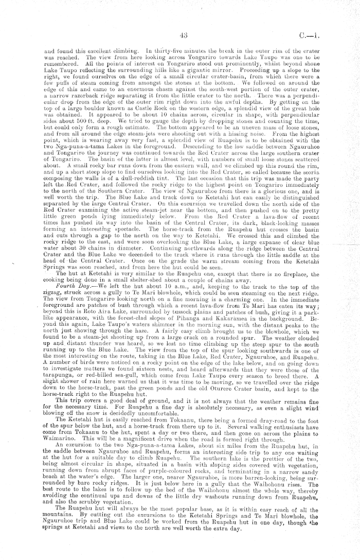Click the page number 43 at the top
point(184,36)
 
